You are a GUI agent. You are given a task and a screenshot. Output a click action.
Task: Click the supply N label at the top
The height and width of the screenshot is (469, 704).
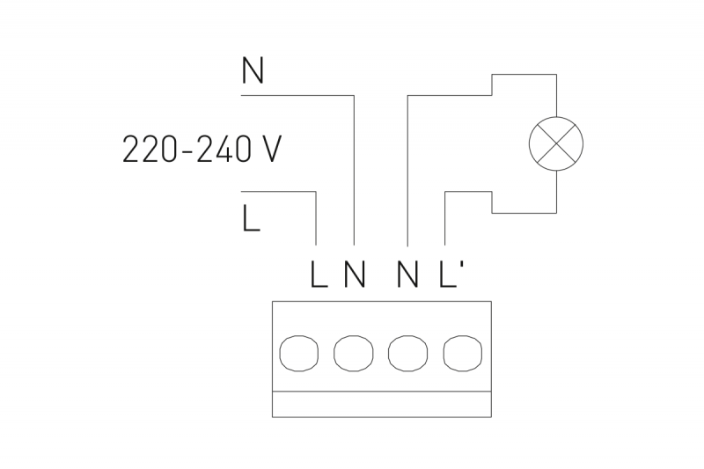coord(253,70)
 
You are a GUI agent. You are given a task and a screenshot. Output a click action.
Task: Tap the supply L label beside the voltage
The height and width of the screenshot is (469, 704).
coord(251,218)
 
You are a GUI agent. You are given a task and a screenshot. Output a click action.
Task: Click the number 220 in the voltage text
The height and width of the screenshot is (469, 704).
coord(150,149)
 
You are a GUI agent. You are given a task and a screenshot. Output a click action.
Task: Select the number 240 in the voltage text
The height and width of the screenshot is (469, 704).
coord(223,149)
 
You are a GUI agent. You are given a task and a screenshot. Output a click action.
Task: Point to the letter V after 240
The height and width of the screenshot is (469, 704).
coord(270,149)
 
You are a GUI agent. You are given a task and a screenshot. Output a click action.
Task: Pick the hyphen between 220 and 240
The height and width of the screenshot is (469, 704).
coord(187,150)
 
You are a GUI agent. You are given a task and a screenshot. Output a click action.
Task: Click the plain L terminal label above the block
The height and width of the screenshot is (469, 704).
coord(319,274)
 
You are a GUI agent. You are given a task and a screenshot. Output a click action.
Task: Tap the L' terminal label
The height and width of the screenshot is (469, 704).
coord(451,274)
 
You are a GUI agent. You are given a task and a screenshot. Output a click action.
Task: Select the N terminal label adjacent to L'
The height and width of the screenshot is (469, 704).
coord(407,274)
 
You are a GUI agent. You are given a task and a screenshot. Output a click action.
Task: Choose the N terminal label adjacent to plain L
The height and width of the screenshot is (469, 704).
coord(355,274)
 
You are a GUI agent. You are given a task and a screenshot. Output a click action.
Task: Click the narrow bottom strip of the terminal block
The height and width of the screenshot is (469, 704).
coord(382,405)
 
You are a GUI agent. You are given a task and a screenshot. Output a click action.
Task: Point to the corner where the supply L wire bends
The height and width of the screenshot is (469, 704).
coord(316,192)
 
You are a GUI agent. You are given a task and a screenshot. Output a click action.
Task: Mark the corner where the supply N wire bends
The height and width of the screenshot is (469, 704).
coord(355,96)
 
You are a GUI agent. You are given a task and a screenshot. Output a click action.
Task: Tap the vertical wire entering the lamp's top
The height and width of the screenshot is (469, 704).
coord(557,96)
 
